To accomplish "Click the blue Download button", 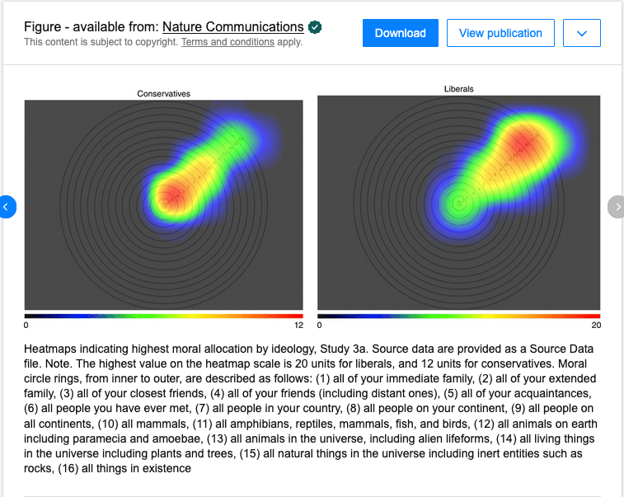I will (x=400, y=33).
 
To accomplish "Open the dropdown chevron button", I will (x=581, y=33).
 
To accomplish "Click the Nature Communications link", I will (x=232, y=27).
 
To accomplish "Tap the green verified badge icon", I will (x=315, y=27).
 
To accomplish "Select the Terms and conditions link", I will (x=228, y=42).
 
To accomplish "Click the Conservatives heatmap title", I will (x=163, y=94).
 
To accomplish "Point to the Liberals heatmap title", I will (x=458, y=89).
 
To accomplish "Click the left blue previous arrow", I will (x=6, y=207).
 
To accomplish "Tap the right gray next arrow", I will (x=617, y=207).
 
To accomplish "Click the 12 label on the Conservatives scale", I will (x=298, y=326).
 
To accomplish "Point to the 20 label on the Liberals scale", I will (x=596, y=326).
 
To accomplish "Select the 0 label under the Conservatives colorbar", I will (x=26, y=326).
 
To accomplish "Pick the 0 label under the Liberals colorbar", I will (x=320, y=326).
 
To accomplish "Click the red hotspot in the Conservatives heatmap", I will (x=170, y=196).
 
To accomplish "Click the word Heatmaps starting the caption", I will (x=52, y=349).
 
